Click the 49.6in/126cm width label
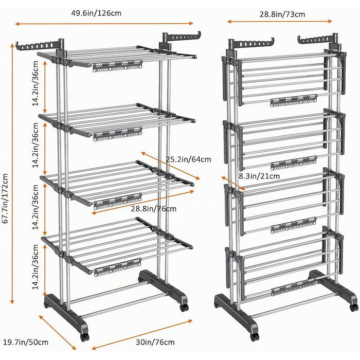[96, 13]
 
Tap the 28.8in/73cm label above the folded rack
[282, 14]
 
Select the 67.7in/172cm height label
[5, 199]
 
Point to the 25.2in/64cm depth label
[188, 159]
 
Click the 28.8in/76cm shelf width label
[154, 208]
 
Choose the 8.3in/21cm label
[259, 176]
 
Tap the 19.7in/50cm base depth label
[26, 342]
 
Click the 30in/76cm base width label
[155, 342]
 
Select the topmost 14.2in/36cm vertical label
[35, 83]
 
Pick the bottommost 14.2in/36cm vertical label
[35, 267]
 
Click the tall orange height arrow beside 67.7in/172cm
[12, 174]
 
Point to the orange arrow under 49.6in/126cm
[104, 24]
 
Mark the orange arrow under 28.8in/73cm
[280, 22]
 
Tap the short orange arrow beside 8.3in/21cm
[233, 183]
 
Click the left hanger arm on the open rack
[40, 45]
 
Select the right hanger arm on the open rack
[182, 38]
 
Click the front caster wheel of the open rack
[84, 337]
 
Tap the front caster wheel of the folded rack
[254, 337]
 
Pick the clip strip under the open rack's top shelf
[118, 66]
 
